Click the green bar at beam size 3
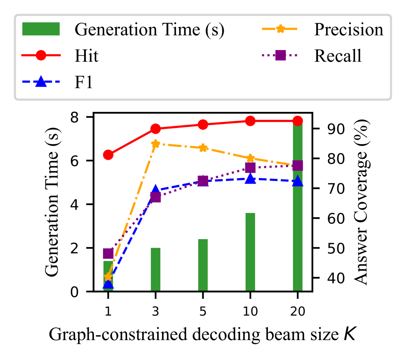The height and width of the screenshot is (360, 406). coord(155,269)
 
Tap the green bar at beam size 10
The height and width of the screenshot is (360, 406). coord(250,252)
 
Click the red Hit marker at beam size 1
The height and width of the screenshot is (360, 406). coord(108,155)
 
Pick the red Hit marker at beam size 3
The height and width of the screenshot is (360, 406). coord(156,129)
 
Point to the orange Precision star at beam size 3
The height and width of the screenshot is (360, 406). coord(156,144)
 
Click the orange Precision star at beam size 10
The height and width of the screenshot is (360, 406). coord(250,158)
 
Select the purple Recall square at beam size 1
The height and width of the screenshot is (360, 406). coord(108,253)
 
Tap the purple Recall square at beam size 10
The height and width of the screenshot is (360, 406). coord(250,168)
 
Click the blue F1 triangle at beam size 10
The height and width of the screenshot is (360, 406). coord(250,179)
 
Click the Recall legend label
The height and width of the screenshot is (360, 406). coord(338,56)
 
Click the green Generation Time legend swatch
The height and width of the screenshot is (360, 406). coord(41,29)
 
